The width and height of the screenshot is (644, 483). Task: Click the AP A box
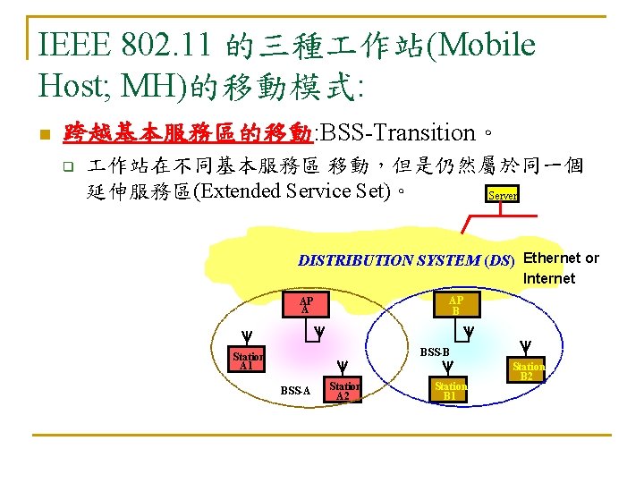(307, 304)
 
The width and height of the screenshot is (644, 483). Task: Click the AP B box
(455, 305)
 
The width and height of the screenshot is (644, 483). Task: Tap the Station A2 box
(343, 391)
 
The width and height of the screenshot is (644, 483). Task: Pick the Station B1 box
(450, 390)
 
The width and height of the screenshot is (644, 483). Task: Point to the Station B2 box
(528, 370)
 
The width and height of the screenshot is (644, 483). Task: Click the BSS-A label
(294, 391)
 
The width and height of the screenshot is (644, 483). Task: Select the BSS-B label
(435, 352)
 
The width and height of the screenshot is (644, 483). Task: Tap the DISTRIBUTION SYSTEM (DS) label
(406, 261)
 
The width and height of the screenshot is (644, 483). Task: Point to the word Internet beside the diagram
(549, 278)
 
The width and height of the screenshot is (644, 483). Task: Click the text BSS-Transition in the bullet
(397, 134)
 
